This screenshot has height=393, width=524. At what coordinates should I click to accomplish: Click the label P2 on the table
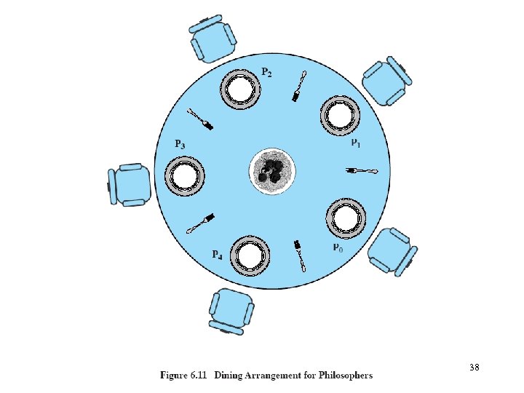click(267, 73)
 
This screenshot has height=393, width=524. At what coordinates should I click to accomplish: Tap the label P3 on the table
click(180, 144)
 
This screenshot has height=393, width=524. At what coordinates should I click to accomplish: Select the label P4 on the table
click(217, 255)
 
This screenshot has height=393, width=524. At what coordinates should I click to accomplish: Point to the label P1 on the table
click(357, 143)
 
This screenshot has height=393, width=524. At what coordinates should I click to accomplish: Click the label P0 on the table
click(337, 247)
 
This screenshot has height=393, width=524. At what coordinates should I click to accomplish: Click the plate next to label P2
click(241, 90)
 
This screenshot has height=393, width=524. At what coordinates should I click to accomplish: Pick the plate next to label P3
click(185, 176)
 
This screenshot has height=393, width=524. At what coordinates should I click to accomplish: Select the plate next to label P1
click(339, 115)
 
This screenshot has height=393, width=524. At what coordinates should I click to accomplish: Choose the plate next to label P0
click(345, 217)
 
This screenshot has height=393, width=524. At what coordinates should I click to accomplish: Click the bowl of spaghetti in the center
click(271, 172)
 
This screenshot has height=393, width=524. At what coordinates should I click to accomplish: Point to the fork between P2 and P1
click(299, 87)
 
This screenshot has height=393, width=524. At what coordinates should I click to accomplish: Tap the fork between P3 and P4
click(201, 223)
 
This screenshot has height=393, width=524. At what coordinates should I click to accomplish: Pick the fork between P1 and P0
click(362, 171)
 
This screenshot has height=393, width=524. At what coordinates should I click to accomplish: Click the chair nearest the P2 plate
click(212, 38)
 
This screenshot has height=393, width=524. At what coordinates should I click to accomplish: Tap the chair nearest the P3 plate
click(130, 184)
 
